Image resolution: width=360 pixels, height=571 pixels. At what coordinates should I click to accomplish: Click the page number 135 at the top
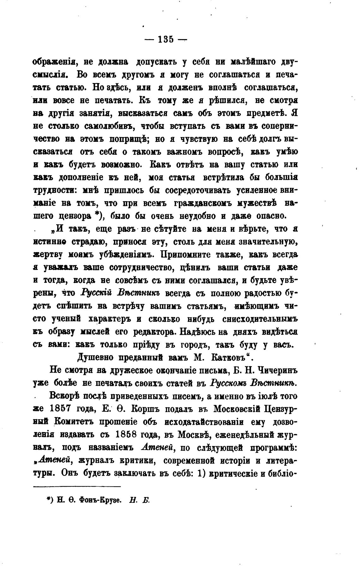[x=166, y=40]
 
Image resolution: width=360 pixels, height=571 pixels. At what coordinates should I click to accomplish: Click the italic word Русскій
[x=95, y=293]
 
